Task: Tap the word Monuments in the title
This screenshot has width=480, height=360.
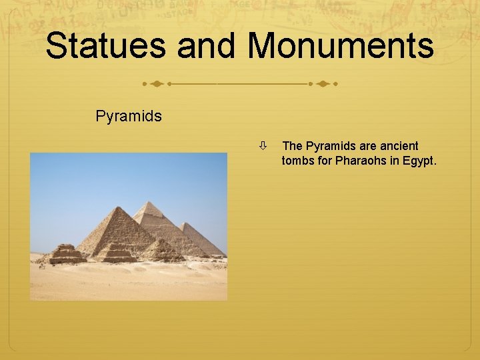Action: coord(341,47)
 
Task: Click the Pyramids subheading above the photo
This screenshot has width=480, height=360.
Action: coord(129,116)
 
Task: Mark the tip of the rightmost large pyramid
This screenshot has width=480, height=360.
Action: coord(185,223)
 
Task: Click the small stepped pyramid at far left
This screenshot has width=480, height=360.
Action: coord(65,254)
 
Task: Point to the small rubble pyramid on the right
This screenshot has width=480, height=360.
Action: coord(161,250)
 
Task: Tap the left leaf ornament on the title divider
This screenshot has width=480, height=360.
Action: coord(155,85)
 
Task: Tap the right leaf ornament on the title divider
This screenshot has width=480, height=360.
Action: coord(323,85)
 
